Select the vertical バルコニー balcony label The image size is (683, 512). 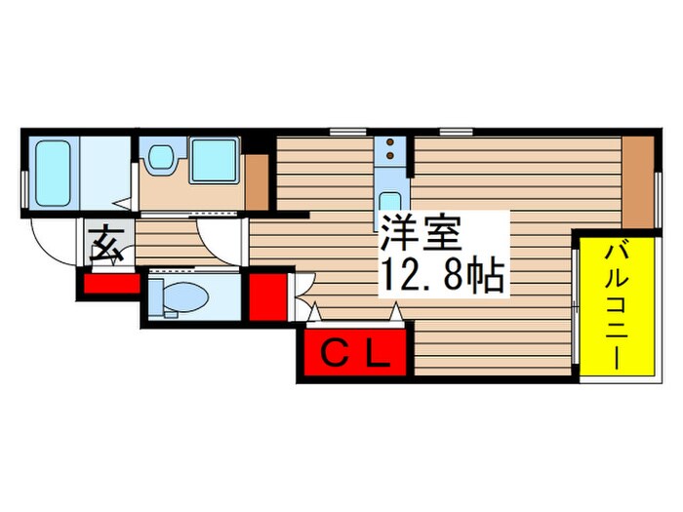pyautogui.click(x=616, y=304)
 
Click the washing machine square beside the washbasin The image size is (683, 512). pyautogui.click(x=214, y=160)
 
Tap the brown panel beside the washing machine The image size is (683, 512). pyautogui.click(x=256, y=181)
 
